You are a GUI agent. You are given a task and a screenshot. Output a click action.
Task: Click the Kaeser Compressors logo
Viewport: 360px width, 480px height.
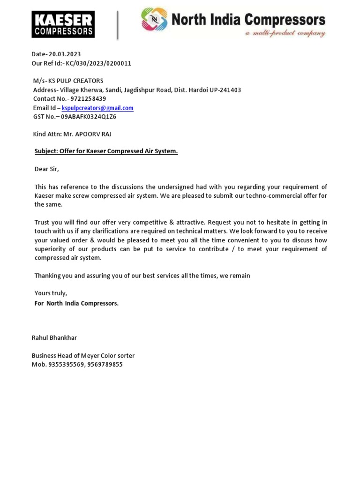[63, 24]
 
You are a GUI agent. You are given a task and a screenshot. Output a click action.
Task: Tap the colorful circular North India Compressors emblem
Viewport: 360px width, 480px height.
[154, 20]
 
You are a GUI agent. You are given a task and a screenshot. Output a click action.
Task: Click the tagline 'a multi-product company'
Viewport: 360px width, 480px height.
[285, 34]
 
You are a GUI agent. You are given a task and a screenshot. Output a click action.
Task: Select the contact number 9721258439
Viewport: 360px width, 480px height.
[88, 99]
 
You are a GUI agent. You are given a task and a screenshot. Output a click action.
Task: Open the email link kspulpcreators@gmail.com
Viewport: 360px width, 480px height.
[97, 108]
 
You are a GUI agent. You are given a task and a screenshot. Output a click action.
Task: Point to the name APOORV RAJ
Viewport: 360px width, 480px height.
[96, 134]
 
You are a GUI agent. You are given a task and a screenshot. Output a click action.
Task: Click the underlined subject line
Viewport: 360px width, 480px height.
[106, 151]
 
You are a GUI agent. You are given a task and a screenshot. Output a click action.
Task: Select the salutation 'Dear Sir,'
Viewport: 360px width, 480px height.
[47, 169]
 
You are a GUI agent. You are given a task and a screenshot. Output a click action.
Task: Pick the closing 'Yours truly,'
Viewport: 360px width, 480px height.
[51, 293]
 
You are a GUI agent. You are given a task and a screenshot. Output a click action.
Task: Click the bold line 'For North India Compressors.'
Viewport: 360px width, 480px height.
[76, 303]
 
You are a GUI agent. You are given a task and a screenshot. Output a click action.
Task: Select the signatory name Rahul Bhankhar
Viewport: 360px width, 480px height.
[54, 337]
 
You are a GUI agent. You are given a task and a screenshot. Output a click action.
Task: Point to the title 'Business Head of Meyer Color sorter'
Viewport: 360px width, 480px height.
[83, 355]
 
